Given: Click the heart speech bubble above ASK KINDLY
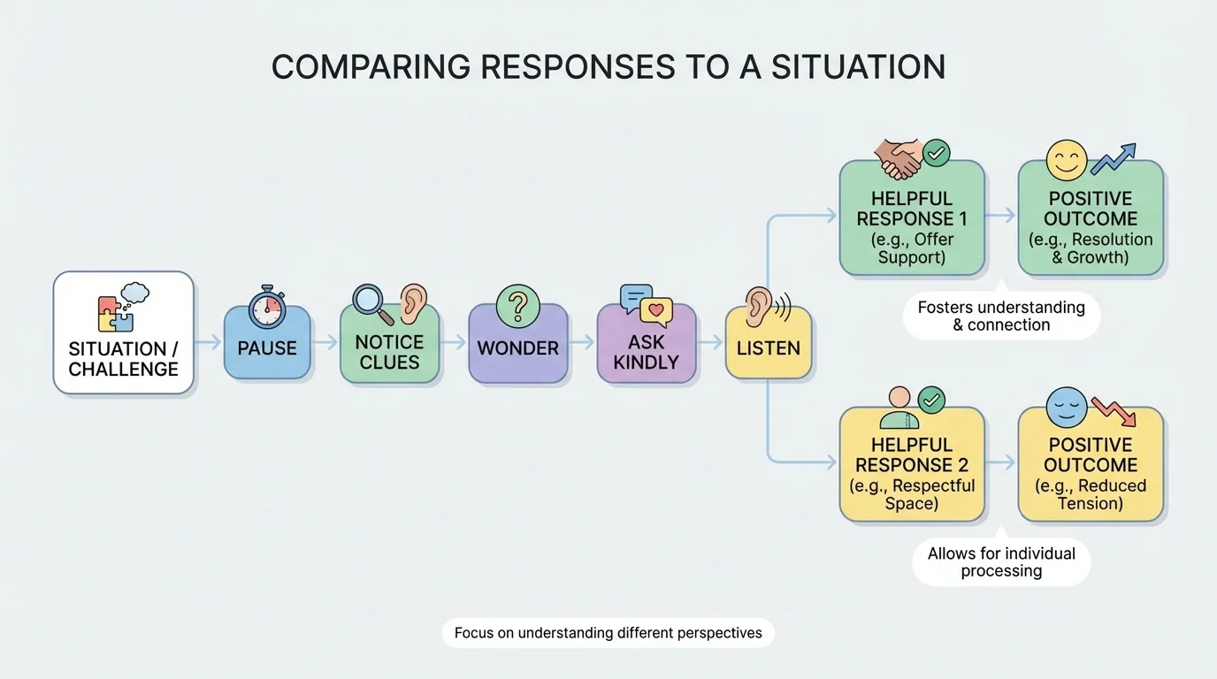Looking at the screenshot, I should click(x=655, y=311).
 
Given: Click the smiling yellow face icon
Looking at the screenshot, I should click(x=1066, y=160).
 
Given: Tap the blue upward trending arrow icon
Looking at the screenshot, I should click(x=1114, y=160).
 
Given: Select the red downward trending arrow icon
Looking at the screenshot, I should click(x=1114, y=411).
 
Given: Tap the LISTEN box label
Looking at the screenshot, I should click(x=768, y=348).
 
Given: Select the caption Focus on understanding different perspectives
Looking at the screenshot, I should click(x=608, y=633).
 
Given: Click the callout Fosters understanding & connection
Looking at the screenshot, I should click(x=1001, y=317).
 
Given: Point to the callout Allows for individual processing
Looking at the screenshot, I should click(x=1001, y=562).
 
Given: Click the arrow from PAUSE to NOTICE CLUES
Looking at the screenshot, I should click(x=325, y=343).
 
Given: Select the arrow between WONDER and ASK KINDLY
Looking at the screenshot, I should click(x=581, y=343).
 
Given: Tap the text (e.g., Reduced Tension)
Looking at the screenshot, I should click(x=1091, y=494).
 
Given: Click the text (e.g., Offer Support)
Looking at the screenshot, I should click(x=911, y=248).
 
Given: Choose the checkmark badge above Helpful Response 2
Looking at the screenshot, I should click(x=930, y=401).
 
